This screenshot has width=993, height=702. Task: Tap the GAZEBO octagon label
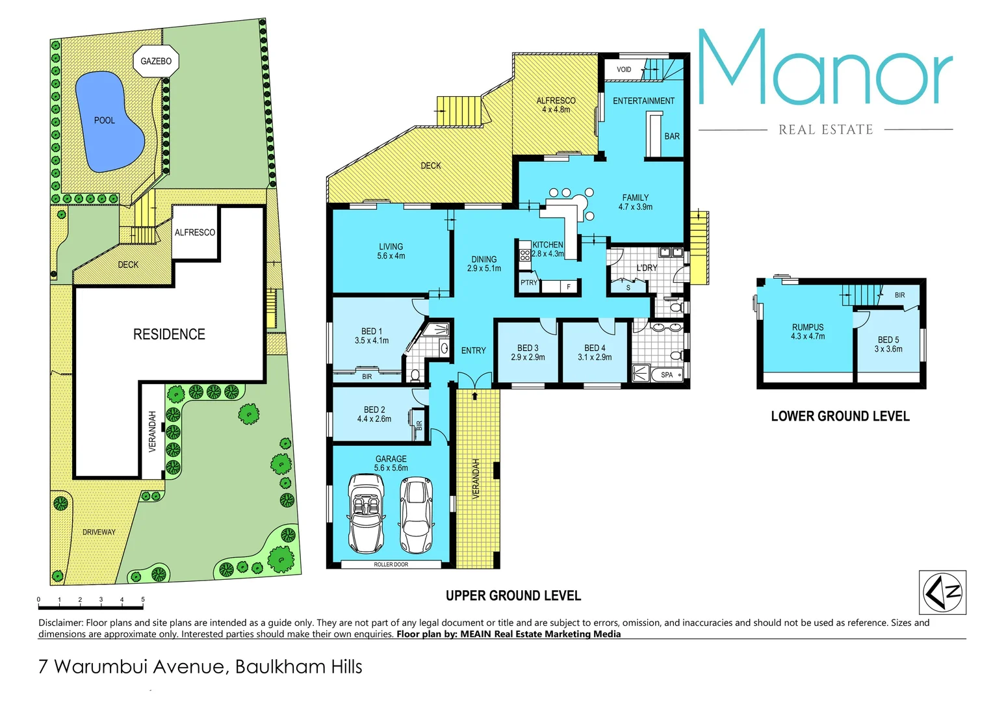156,61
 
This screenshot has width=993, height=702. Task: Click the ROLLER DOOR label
391,564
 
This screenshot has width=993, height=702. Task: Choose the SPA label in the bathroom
667,375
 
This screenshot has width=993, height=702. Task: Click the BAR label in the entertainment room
672,136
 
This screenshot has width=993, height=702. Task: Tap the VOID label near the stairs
624,70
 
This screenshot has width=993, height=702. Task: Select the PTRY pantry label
529,283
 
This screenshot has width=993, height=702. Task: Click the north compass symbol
942,592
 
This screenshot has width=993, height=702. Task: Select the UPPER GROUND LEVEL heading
513,595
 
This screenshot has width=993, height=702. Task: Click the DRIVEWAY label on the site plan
99,532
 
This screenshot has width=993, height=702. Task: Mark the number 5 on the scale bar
142,599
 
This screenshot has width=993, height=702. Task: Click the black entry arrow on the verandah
474,395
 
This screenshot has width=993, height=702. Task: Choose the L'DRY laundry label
647,268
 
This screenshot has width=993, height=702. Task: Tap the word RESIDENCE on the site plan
169,334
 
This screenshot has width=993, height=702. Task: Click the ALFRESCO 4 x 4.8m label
556,105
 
